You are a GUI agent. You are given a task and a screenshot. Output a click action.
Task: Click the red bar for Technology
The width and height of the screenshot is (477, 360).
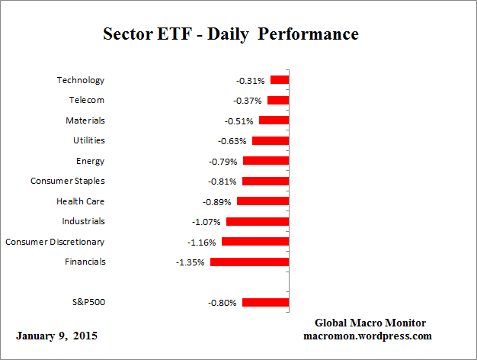point(280,80)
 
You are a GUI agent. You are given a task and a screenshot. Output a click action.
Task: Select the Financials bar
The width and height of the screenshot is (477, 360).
point(249,262)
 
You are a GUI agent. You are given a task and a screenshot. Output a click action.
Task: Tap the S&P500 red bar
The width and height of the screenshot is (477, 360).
point(265,302)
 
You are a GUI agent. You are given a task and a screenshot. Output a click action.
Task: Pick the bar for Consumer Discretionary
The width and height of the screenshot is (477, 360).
point(255,242)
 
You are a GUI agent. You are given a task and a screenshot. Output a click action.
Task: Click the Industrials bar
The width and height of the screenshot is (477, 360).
point(258,221)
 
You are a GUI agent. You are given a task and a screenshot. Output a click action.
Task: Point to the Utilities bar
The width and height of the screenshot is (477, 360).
point(271,140)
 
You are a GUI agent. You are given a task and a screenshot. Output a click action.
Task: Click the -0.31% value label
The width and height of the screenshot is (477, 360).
point(251,80)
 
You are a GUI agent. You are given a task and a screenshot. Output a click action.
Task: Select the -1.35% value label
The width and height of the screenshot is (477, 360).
point(190,262)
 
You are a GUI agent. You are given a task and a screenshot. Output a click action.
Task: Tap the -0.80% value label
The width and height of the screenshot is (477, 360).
point(222,303)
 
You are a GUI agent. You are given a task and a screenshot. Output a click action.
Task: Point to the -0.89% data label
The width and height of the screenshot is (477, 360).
point(217,202)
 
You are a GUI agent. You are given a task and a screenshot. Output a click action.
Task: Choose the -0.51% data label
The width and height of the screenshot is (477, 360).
point(239,121)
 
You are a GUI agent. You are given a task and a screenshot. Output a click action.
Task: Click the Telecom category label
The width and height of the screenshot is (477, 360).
point(86,100)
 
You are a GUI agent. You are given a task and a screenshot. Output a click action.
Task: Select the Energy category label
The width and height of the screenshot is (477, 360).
point(90,161)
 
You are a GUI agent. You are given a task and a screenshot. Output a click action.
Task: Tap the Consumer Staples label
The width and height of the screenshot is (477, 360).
point(67,181)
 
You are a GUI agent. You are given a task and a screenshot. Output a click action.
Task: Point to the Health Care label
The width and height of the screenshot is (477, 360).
point(80,201)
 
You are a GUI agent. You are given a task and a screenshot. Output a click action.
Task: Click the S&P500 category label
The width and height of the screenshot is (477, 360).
point(88,302)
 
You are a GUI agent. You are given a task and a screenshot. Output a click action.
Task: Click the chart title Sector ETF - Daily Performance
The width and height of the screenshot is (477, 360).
point(230,34)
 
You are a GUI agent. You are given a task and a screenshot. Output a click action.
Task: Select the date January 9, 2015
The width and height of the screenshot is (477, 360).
point(56,336)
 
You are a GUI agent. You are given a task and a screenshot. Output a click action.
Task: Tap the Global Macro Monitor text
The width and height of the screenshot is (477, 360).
point(370,323)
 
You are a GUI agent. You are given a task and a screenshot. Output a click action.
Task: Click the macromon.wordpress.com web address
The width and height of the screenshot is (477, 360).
point(368,336)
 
